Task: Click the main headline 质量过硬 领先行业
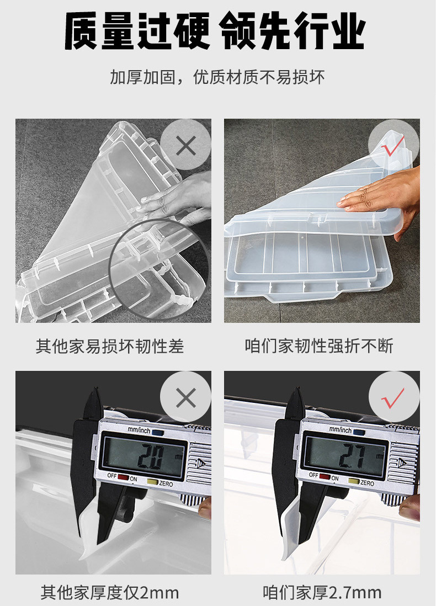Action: (x=215, y=30)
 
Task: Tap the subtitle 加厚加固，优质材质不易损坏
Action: (x=217, y=77)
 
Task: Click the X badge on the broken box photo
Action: (x=185, y=145)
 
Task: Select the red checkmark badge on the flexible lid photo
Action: (x=393, y=145)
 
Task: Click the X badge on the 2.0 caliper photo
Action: (x=185, y=397)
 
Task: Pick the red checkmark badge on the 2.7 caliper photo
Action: (x=394, y=397)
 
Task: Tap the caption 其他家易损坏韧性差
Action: (x=110, y=346)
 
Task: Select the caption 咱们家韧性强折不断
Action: (x=318, y=345)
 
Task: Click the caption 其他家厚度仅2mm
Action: (x=110, y=592)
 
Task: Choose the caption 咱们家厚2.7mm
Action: (x=322, y=592)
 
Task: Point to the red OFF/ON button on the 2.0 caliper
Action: (x=123, y=477)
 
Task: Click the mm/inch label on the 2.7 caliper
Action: (x=340, y=429)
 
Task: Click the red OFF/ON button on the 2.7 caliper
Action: (x=325, y=476)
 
